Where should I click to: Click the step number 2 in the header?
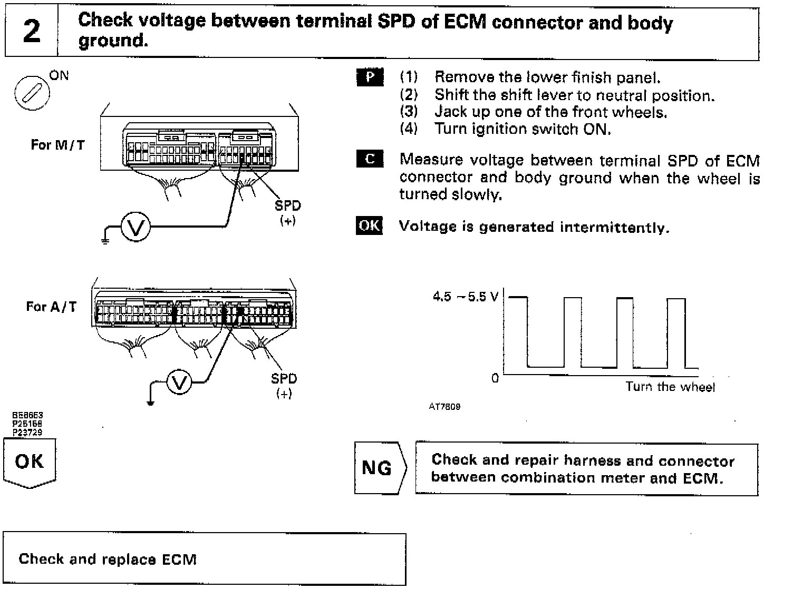point(32,32)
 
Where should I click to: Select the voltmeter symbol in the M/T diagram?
point(136,228)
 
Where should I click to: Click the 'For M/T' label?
point(57,145)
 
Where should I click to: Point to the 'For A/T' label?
point(51,306)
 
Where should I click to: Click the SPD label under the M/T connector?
point(287,206)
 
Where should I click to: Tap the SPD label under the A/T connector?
point(284,378)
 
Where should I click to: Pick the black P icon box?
point(370,77)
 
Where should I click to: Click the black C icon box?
point(370,159)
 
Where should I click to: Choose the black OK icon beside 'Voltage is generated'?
point(369,225)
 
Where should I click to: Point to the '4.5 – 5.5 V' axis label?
point(465,297)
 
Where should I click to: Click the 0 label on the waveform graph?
point(495,378)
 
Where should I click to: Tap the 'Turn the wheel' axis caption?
point(670,387)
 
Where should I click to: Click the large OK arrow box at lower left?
point(30,463)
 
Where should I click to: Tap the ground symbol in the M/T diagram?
point(104,240)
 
